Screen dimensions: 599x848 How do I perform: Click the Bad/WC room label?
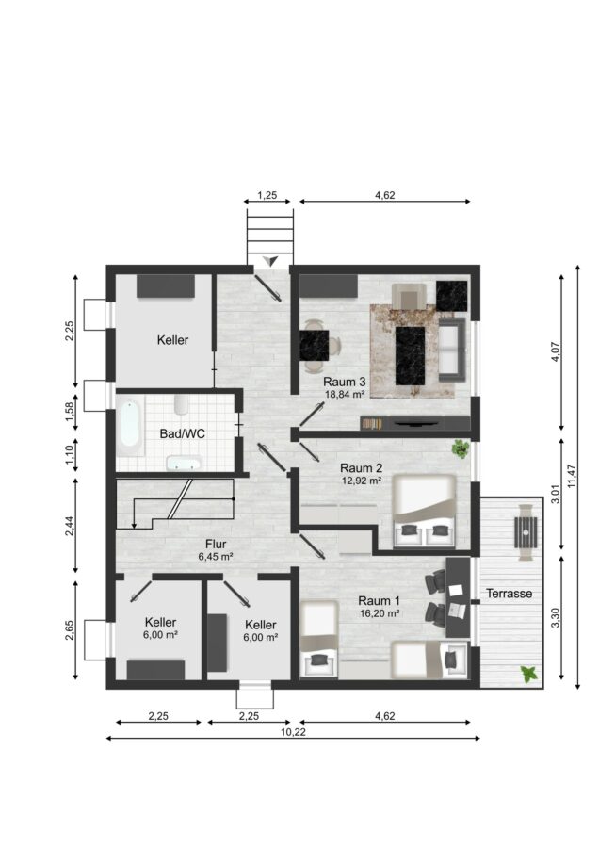pos(182,433)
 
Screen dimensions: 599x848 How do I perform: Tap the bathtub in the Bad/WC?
pos(130,423)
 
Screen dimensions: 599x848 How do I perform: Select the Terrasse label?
pos(509,594)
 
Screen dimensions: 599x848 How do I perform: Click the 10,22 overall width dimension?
pos(293,732)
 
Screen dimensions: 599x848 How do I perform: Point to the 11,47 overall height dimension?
pos(572,476)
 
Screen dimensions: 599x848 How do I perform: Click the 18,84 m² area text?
pos(345,395)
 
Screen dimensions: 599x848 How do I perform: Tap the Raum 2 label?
pos(361,467)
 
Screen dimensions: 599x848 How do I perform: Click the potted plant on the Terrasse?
pos(528,675)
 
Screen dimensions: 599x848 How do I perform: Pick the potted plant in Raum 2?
pos(461,448)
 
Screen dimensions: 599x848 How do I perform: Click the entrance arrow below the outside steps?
pos(271,261)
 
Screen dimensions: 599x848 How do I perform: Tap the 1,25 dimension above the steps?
pos(267,195)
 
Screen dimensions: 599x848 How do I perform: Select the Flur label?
pos(216,544)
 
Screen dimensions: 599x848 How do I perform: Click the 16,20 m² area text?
pos(380,613)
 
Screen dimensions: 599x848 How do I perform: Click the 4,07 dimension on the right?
pos(556,351)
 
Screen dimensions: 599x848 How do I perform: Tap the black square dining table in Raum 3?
pos(314,345)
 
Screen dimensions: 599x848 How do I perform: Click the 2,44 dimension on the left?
pos(69,526)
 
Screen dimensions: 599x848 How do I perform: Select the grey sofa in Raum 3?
pos(452,350)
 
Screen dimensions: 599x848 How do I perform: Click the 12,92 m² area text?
pos(362,480)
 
